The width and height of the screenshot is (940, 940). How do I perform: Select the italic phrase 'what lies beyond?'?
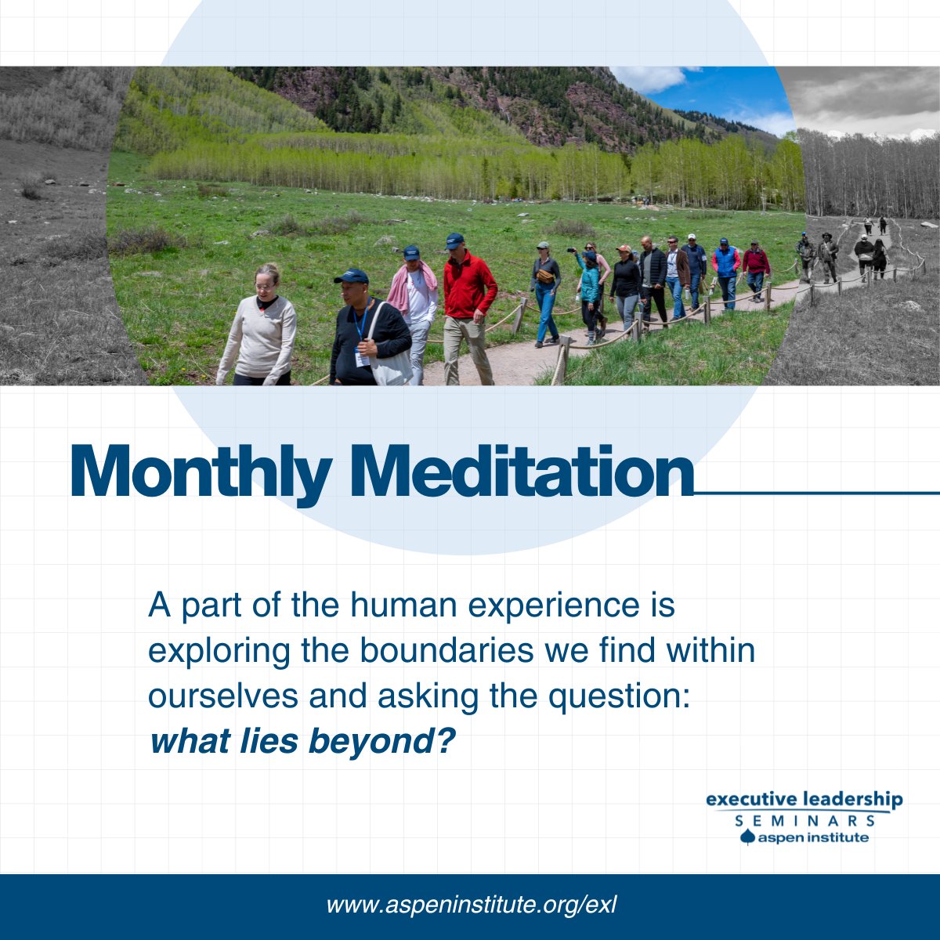[302, 740]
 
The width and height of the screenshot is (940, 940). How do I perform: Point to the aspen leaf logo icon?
[747, 838]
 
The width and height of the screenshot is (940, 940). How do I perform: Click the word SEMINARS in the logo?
[804, 821]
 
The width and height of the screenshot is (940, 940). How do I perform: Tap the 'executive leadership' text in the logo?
[804, 800]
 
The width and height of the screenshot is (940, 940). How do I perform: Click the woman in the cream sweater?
[258, 329]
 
